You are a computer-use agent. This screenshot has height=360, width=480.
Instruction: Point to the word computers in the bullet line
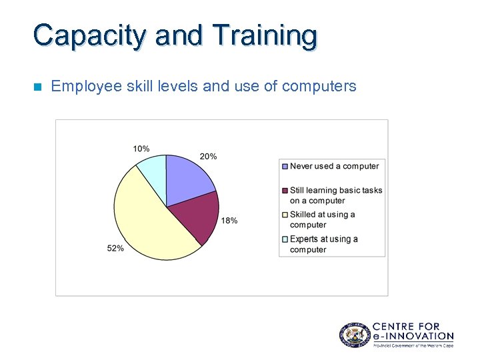pos(319,87)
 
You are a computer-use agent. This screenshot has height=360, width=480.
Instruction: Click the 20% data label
pos(208,157)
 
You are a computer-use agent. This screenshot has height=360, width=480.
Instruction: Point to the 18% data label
pos(229,221)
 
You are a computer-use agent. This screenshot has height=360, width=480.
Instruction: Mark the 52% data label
pos(115,249)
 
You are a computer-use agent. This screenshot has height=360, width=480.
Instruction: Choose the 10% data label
pos(141,149)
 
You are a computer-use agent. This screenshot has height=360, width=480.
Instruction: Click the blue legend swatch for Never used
pos(285,167)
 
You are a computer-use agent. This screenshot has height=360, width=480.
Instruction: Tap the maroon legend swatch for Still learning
pos(285,191)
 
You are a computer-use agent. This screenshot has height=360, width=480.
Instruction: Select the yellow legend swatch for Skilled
pos(285,215)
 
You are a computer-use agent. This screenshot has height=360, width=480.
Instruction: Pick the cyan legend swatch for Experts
pos(285,239)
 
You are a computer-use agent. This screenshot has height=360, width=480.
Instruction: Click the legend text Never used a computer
pos(334,167)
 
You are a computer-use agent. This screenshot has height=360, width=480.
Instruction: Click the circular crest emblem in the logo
pos(354,333)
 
